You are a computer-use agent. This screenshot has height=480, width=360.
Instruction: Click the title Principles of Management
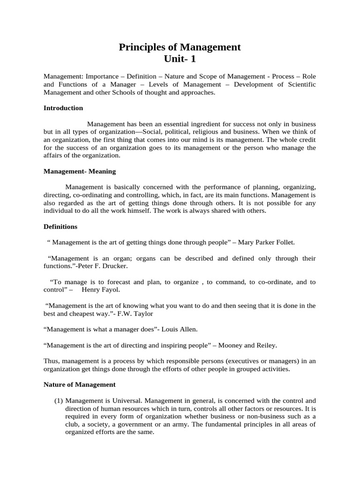[x=180, y=47]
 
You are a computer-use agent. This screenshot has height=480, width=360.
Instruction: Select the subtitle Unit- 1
[x=180, y=59]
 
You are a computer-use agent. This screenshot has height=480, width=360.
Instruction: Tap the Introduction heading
[x=63, y=108]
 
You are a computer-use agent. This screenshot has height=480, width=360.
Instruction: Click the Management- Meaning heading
[x=80, y=171]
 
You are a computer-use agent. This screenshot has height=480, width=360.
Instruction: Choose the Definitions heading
[x=60, y=226]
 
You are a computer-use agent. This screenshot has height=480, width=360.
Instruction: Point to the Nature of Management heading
[x=79, y=384]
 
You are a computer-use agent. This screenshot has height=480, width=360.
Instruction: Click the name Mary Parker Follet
[x=267, y=242]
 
